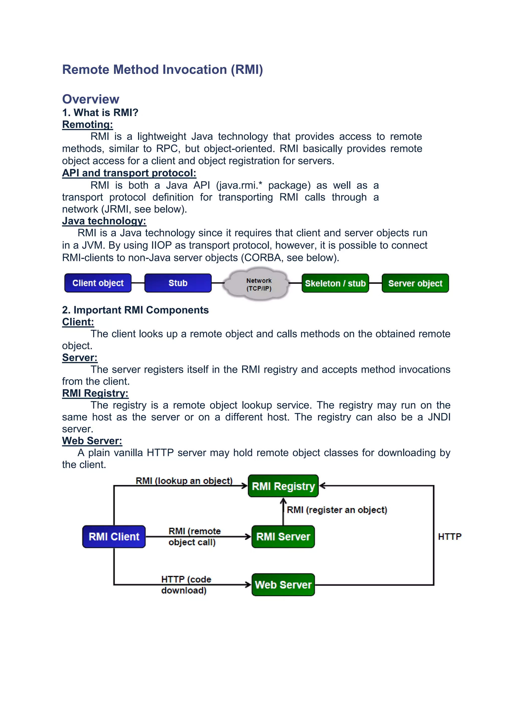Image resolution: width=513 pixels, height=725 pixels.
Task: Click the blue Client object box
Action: click(x=98, y=283)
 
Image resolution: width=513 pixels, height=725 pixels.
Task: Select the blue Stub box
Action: click(x=178, y=283)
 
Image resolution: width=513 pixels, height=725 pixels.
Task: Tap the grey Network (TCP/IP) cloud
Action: click(x=259, y=284)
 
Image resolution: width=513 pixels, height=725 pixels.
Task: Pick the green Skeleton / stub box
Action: click(x=335, y=283)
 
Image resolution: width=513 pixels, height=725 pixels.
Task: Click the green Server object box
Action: click(x=415, y=283)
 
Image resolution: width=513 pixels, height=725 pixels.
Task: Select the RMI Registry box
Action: click(x=283, y=486)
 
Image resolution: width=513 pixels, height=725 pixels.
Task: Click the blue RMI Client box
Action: click(x=114, y=536)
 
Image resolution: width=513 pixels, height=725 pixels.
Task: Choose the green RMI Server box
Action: click(x=283, y=536)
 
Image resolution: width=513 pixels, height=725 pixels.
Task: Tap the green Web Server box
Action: click(x=283, y=585)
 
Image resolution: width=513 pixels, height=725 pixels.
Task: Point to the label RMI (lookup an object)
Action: click(x=184, y=481)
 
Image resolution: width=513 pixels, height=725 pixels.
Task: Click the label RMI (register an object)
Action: click(x=337, y=510)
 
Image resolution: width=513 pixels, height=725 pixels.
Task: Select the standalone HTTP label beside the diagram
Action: click(x=450, y=536)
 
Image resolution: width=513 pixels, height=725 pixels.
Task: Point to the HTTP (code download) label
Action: click(x=186, y=585)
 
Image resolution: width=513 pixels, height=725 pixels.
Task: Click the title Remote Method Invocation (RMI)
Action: click(x=162, y=69)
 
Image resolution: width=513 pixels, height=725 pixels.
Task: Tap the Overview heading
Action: click(x=91, y=99)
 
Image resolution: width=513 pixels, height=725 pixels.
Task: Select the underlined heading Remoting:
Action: click(x=87, y=124)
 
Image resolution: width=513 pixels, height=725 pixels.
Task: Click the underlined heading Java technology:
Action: click(x=104, y=221)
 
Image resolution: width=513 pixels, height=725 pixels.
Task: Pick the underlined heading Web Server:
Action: click(x=92, y=441)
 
